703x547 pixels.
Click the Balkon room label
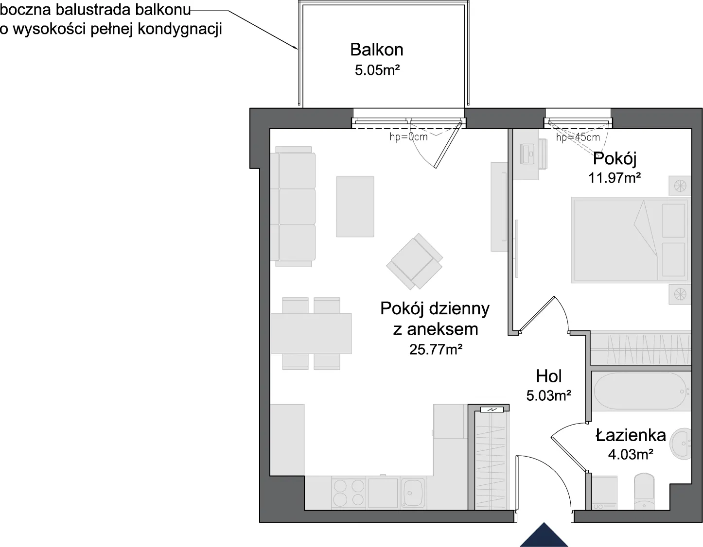pyautogui.click(x=377, y=50)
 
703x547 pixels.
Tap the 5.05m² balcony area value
pyautogui.click(x=377, y=70)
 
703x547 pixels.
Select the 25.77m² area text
pyautogui.click(x=436, y=349)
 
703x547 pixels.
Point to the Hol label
pyautogui.click(x=549, y=376)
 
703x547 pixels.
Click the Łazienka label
pyautogui.click(x=631, y=435)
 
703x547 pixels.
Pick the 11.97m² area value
pyautogui.click(x=615, y=178)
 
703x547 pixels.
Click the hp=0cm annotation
pyautogui.click(x=408, y=137)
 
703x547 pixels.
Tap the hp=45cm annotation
pyautogui.click(x=578, y=137)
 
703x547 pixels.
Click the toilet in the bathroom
pyautogui.click(x=644, y=492)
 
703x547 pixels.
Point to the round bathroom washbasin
pyautogui.click(x=680, y=444)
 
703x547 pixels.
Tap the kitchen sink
pyautogui.click(x=413, y=493)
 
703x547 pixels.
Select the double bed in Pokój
pyautogui.click(x=629, y=240)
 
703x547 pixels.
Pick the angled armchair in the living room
pyautogui.click(x=414, y=261)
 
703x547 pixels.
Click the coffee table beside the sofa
pyautogui.click(x=355, y=206)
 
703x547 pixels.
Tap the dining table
pyautogui.click(x=311, y=333)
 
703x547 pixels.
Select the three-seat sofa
pyautogui.click(x=293, y=206)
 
